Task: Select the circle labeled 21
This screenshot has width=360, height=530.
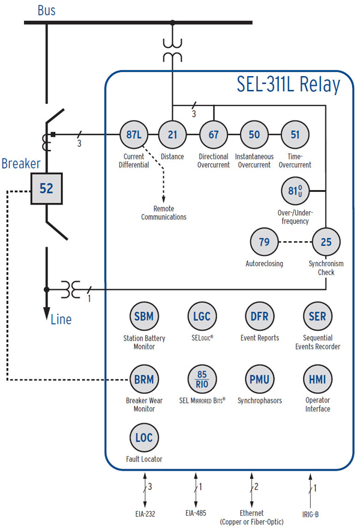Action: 173,134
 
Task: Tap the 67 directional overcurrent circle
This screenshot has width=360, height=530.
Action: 214,134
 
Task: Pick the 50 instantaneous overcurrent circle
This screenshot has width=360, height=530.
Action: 254,134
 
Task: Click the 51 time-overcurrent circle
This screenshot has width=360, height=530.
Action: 295,134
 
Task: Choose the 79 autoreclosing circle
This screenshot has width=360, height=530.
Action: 263,242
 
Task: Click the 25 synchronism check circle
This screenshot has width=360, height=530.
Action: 326,242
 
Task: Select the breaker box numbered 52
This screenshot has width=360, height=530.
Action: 46,189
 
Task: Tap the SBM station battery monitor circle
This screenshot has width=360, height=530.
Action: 143,316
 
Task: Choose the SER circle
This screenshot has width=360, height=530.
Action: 317,316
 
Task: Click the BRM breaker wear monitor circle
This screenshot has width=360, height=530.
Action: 143,379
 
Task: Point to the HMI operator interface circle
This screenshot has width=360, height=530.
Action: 317,379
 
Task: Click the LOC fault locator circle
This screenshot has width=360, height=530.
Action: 143,438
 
